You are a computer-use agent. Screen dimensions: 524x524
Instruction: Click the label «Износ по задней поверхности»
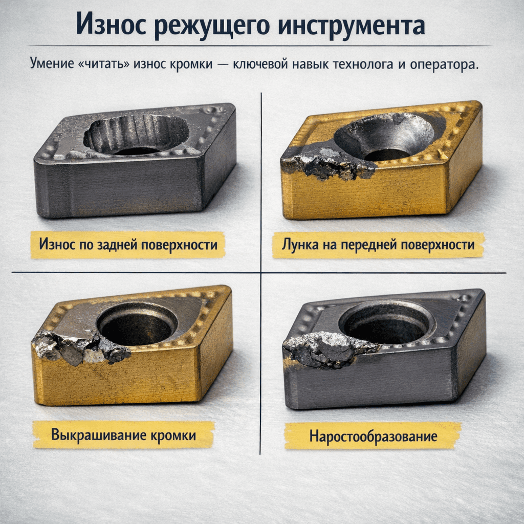[127, 245]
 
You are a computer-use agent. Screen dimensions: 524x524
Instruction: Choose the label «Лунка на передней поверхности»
[378, 245]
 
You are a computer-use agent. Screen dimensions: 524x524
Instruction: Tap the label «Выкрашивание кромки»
[123, 435]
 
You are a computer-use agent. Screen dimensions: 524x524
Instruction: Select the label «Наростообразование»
[373, 436]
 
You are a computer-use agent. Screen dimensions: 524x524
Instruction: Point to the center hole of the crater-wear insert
[386, 152]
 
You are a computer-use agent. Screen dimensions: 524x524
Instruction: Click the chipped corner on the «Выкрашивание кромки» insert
[77, 348]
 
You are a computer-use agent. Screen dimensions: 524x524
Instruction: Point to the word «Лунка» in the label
[299, 245]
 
